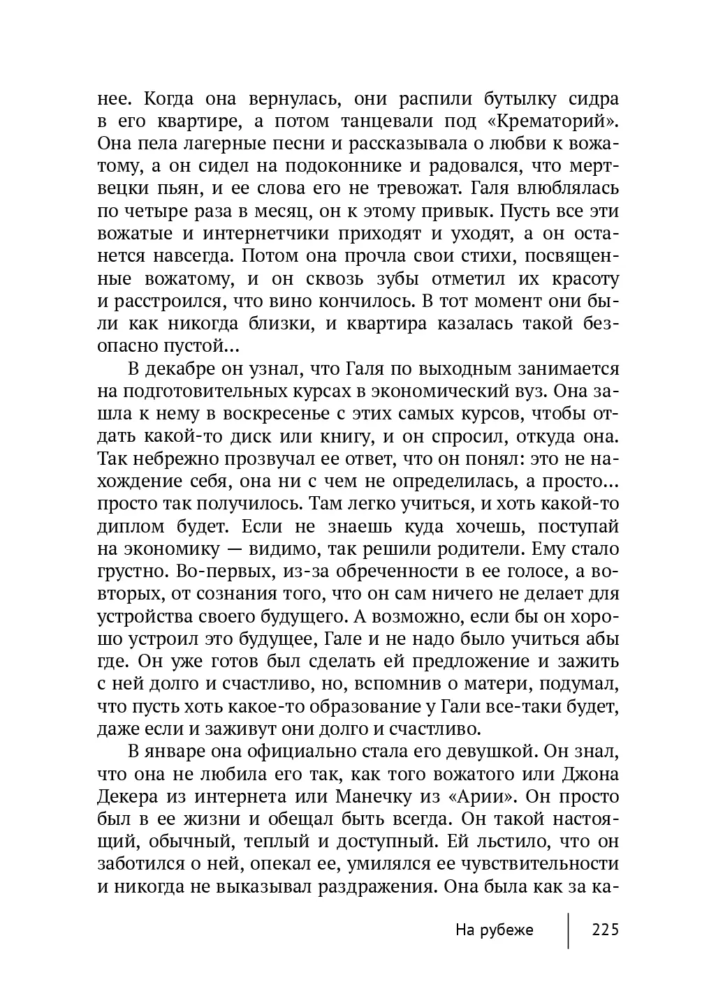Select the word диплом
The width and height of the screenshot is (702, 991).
tap(131, 526)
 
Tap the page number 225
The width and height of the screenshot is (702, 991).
tap(605, 930)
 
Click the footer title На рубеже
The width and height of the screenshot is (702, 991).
tap(494, 930)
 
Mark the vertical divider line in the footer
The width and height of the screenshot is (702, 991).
tap(568, 930)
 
